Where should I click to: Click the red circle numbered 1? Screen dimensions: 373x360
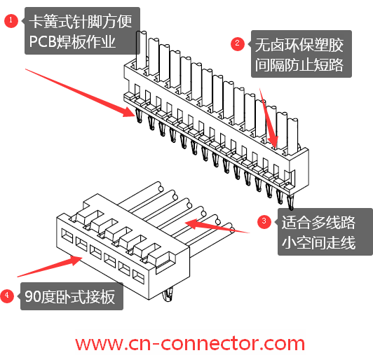click(x=11, y=21)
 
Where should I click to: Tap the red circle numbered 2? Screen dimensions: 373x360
click(x=238, y=43)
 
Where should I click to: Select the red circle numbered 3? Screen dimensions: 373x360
click(x=264, y=222)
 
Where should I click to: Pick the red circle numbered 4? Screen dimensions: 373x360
click(x=7, y=296)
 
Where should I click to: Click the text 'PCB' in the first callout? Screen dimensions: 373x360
click(x=42, y=42)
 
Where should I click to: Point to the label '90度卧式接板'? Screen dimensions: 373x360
click(x=70, y=296)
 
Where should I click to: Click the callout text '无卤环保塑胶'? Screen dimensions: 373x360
click(x=299, y=45)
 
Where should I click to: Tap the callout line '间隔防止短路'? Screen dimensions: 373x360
click(x=299, y=64)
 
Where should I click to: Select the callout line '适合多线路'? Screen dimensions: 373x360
click(x=318, y=223)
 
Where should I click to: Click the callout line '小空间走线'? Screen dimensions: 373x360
click(x=318, y=242)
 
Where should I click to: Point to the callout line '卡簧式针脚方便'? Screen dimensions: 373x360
click(x=81, y=22)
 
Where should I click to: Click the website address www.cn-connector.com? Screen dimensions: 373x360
click(x=190, y=343)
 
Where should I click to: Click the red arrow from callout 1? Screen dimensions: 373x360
click(x=80, y=92)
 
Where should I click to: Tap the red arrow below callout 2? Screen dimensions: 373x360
click(x=269, y=118)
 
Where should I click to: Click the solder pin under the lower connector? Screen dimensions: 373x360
click(x=168, y=295)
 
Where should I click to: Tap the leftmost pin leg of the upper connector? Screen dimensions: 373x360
click(x=139, y=116)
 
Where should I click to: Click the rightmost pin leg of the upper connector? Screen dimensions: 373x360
click(x=290, y=202)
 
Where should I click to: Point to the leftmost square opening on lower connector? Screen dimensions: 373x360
click(x=67, y=236)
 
